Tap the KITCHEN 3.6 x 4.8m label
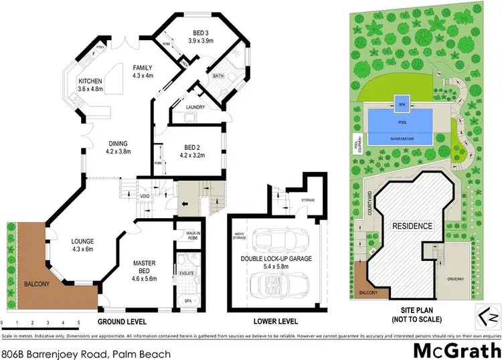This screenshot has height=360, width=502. (93, 84)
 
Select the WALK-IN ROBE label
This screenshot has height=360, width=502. (193, 235)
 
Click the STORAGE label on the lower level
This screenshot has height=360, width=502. (308, 199)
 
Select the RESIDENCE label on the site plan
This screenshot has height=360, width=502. (412, 226)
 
